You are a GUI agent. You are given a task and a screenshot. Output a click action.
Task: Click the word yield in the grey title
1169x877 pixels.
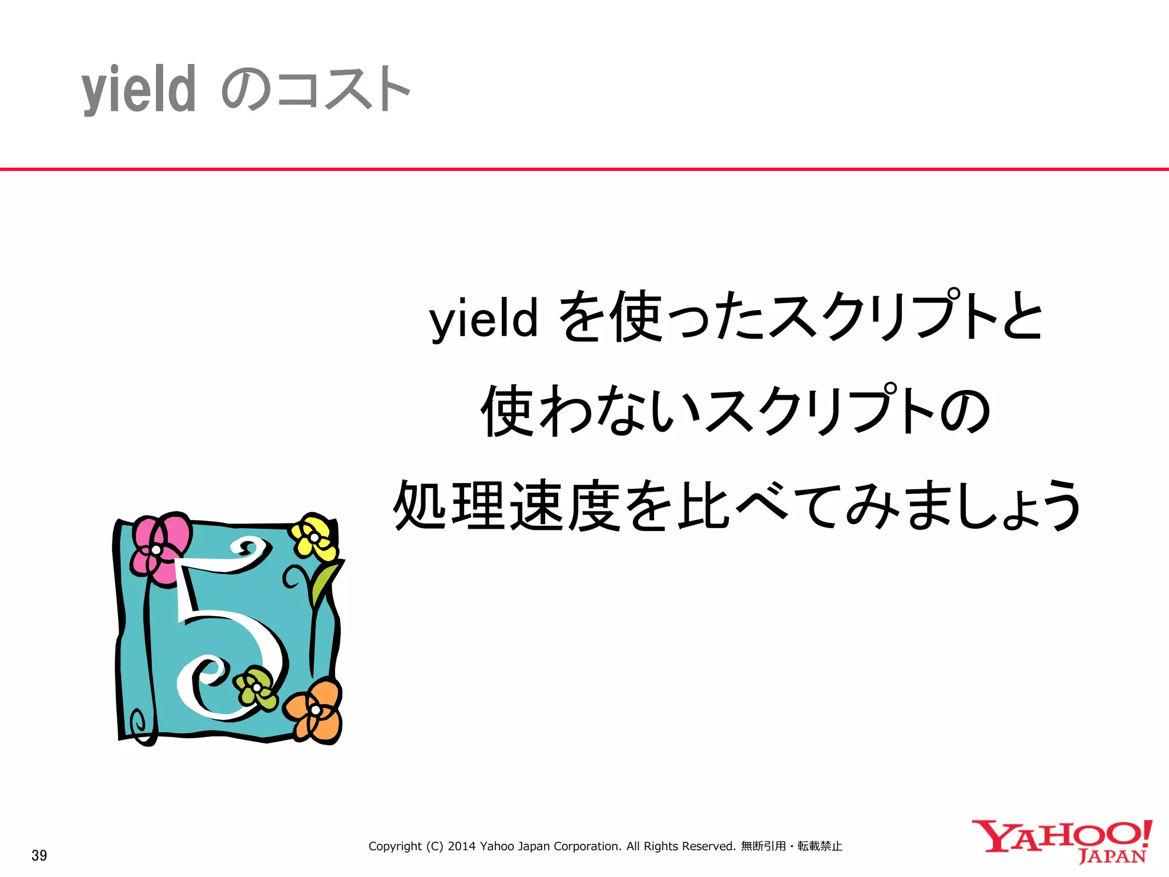pos(139,90)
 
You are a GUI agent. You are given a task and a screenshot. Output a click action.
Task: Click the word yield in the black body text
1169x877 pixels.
pos(483,318)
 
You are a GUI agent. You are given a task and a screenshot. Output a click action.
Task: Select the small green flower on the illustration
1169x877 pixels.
pos(256,688)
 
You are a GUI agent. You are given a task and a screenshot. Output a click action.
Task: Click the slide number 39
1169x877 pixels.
pos(39,855)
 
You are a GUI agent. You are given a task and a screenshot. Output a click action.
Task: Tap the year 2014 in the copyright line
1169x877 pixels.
pos(461,846)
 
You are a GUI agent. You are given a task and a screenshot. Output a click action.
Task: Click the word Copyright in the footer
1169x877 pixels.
pos(395,846)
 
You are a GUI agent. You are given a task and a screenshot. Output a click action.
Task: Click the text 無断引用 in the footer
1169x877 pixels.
pos(763,846)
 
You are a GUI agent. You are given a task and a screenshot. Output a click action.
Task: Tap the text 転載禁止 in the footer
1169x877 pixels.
pos(820,846)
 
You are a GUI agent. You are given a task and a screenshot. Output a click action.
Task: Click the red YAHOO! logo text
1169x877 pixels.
pos(1062,836)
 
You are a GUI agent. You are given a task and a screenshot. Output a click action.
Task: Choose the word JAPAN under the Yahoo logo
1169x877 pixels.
pos(1112,856)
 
